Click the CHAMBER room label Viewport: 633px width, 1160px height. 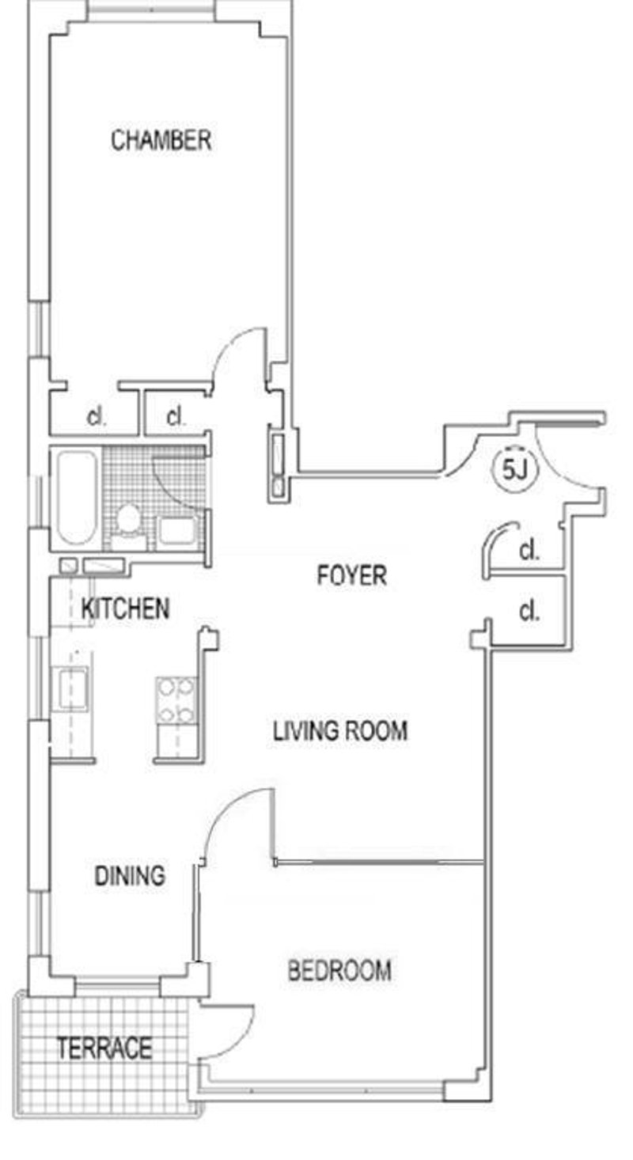(x=161, y=141)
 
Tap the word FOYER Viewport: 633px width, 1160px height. (x=352, y=575)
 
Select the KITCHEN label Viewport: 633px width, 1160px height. (x=125, y=608)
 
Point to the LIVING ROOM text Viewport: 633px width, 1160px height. (x=340, y=730)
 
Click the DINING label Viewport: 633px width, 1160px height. (x=130, y=876)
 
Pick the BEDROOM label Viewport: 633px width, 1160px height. (x=339, y=970)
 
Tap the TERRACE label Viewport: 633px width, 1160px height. (x=104, y=1049)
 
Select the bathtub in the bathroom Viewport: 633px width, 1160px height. (x=76, y=497)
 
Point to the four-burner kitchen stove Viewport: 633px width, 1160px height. (x=176, y=701)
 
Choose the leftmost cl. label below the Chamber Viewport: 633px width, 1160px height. (x=97, y=416)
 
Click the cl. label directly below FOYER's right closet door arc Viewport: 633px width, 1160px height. (x=529, y=611)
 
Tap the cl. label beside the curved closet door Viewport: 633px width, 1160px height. (x=529, y=552)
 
